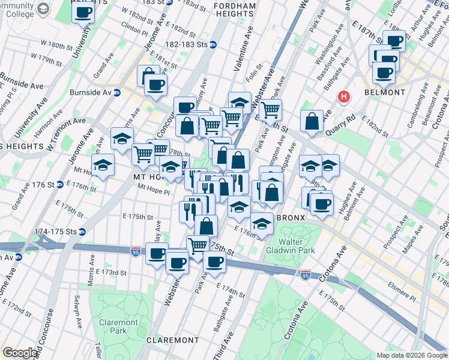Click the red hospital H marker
tap(344, 96)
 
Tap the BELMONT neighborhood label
tap(384, 93)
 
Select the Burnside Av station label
tap(91, 93)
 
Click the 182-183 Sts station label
tap(191, 44)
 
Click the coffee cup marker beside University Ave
tap(83, 13)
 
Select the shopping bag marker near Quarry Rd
tap(312, 122)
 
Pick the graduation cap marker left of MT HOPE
tap(103, 166)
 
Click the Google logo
tap(20, 353)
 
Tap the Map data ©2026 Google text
tap(412, 355)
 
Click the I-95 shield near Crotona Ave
tap(305, 275)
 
